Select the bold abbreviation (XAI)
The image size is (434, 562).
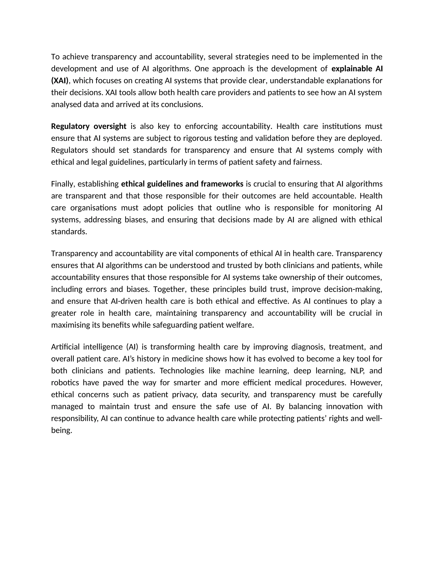pyautogui.click(x=60, y=81)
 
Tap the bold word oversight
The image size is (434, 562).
pyautogui.click(x=110, y=126)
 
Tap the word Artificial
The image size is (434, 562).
pyautogui.click(x=65, y=347)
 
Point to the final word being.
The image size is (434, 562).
pyautogui.click(x=61, y=431)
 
